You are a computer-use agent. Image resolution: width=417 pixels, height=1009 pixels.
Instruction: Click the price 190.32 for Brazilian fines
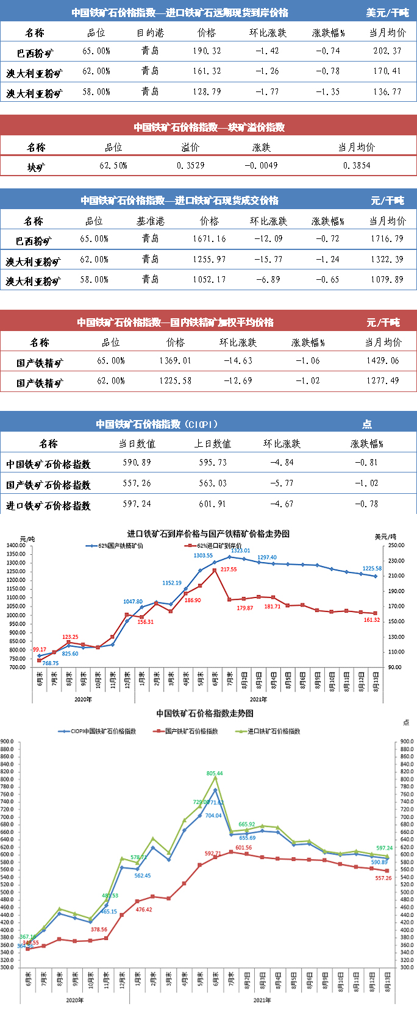pos(207,51)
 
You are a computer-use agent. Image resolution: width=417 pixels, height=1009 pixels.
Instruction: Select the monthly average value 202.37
pos(387,51)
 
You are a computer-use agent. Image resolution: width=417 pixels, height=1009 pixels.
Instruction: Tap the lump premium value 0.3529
pos(190,165)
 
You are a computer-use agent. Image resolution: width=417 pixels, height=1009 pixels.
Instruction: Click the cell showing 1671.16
pos(209,239)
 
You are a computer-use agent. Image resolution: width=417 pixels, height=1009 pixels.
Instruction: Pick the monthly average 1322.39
pos(387,260)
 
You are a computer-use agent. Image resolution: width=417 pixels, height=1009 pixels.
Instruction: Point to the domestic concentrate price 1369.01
pos(175,361)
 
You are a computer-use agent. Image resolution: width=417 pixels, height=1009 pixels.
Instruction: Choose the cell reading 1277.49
pos(382,381)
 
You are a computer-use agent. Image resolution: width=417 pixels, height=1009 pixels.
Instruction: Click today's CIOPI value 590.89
pos(137,463)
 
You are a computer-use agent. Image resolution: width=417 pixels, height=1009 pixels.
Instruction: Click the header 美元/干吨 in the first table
pos(387,12)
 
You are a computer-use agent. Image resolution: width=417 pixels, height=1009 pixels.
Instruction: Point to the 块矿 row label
pos(36,166)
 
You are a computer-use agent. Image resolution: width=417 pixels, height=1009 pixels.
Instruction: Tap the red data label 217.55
pos(229,569)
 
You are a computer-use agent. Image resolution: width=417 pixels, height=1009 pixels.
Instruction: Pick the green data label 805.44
pos(215,774)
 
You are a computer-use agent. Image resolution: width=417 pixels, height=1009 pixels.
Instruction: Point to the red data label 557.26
pos(383,879)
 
